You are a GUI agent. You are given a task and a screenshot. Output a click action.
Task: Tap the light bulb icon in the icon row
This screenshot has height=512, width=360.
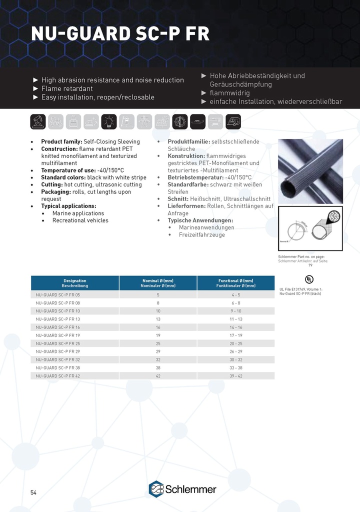point(109,121)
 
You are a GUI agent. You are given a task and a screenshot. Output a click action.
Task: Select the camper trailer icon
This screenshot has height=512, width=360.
point(232,121)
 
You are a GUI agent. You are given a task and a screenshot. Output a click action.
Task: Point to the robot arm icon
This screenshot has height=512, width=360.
point(38,121)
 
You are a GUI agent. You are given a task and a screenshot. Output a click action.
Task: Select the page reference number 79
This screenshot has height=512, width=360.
point(310,265)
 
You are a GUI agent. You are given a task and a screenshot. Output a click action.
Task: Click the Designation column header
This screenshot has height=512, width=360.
point(75,283)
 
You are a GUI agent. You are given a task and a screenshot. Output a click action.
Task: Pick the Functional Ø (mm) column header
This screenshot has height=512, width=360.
point(235,283)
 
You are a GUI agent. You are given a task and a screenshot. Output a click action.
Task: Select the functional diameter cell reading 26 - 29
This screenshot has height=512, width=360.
point(235,351)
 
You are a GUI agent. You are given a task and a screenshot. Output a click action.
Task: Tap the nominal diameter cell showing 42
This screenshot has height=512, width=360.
point(158,375)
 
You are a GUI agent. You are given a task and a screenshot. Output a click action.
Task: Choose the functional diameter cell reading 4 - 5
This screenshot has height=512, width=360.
point(235,295)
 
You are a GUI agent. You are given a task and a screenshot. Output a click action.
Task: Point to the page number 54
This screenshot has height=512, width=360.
point(33,492)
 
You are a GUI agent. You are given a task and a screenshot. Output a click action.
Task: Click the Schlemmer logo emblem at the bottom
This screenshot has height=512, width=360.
point(156,488)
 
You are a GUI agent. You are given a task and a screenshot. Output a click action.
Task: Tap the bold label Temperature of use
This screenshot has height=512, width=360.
point(65,170)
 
